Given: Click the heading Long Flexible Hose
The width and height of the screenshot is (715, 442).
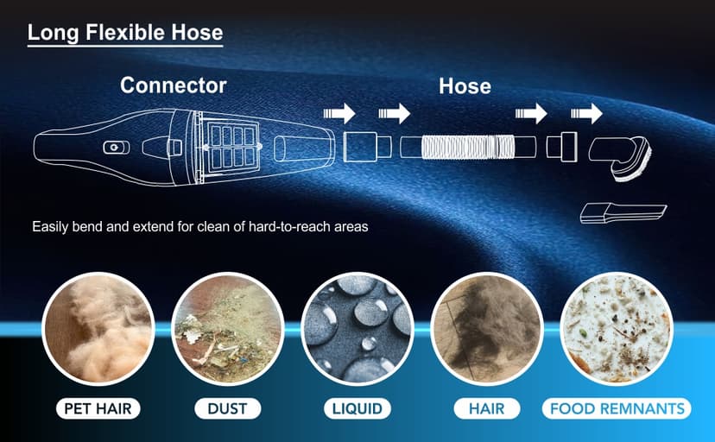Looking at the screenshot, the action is (125, 33).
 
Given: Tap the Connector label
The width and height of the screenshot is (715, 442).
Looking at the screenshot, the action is (174, 85).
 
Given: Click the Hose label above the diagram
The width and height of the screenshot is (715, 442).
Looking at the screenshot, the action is (465, 86).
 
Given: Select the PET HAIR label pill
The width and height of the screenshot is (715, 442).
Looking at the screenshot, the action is (98, 408).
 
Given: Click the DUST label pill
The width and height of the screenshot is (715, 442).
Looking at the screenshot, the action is (228, 408).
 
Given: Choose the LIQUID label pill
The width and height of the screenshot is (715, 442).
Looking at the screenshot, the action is (357, 408).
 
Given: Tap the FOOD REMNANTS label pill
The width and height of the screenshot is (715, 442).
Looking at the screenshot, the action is (617, 408).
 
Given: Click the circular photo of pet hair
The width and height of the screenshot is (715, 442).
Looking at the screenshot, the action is (98, 329).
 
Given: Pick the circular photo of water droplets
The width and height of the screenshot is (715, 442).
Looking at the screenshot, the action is (357, 329).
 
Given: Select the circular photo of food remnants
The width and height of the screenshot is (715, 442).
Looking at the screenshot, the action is (617, 329).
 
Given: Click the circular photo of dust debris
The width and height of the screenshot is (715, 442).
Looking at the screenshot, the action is (228, 329).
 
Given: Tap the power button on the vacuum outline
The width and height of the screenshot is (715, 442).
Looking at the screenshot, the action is (116, 148).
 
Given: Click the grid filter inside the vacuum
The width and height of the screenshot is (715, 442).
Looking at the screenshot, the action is (232, 147).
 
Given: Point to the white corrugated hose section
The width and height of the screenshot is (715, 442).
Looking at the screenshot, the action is (467, 147).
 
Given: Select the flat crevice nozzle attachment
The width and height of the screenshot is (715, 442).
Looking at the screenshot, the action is (623, 214).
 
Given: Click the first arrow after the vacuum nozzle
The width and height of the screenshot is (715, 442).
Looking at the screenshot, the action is (339, 113).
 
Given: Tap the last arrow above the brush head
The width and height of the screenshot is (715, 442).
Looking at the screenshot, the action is (586, 113).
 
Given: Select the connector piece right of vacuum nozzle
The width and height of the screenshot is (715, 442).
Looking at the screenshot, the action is (367, 147).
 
